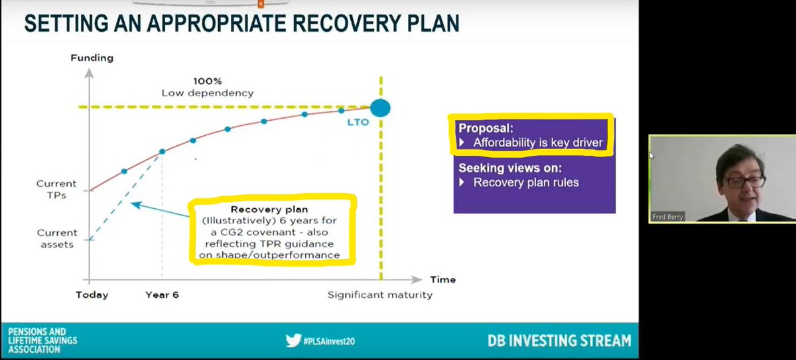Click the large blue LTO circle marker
tap(380, 107)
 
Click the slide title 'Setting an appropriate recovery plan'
tap(241, 24)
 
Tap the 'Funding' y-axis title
tap(92, 58)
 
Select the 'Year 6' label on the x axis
tap(163, 294)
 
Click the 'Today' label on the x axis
tap(92, 294)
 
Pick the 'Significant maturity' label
tap(379, 294)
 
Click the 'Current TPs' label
tap(57, 189)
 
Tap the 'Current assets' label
tap(57, 238)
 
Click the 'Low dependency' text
tap(207, 93)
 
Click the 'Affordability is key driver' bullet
tap(537, 143)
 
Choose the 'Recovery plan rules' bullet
tap(526, 182)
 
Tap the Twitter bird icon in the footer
tap(293, 341)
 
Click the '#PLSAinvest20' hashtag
tap(329, 341)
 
